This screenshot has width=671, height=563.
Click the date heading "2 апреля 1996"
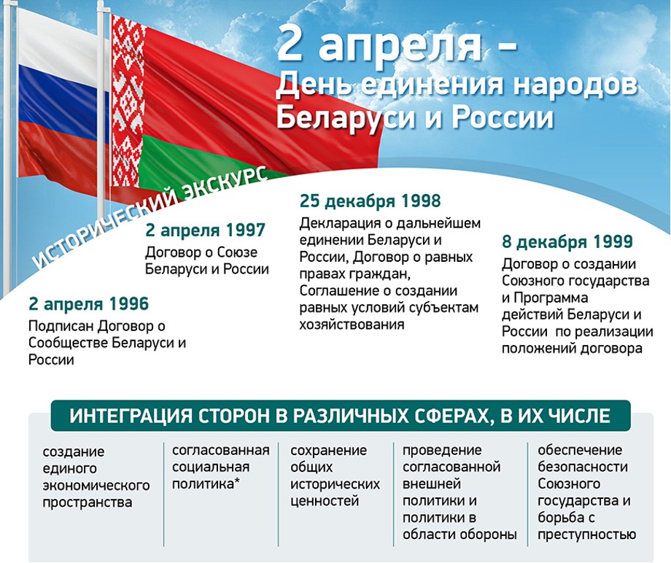tap(88, 304)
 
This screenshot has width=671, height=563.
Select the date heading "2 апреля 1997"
tap(206, 230)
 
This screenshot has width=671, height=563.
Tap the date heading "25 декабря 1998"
tap(371, 201)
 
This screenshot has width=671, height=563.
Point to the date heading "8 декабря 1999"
tap(567, 241)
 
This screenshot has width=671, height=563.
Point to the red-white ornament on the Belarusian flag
tap(127, 103)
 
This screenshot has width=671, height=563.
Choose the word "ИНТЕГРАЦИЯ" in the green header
tap(131, 416)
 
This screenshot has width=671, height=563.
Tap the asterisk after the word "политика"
tap(237, 481)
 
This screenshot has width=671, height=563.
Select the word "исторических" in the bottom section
tap(335, 484)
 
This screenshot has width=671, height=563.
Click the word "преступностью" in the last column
tap(586, 535)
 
